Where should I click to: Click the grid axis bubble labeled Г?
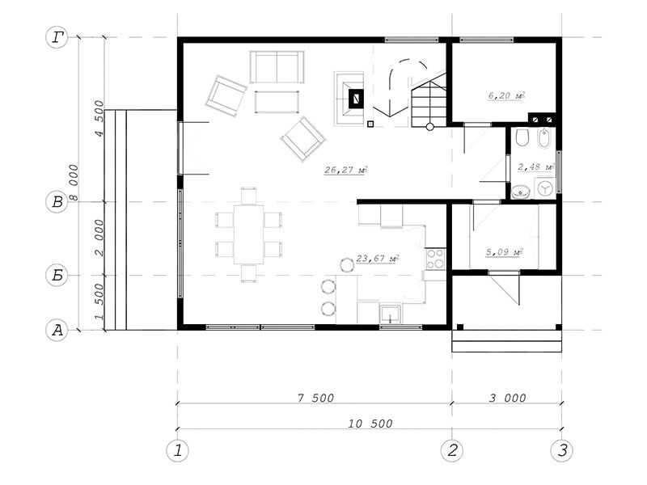point(57,37)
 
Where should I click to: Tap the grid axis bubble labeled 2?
point(452,450)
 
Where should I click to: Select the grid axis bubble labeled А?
point(57,330)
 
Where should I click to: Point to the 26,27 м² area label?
point(346,170)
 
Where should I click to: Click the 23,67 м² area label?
point(377,259)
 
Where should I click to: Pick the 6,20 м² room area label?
point(507,95)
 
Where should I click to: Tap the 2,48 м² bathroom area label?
point(535,167)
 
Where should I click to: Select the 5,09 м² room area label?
point(504,251)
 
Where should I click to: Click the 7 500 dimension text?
point(315,398)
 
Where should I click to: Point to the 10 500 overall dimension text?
point(370,424)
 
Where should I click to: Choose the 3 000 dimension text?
point(508,398)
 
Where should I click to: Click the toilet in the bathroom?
point(522,137)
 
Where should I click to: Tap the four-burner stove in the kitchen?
point(436,259)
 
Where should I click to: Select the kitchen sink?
point(390,314)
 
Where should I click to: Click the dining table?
point(249,234)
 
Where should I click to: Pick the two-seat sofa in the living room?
point(277,67)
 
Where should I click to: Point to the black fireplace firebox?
point(356,99)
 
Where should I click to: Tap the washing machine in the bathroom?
point(545,188)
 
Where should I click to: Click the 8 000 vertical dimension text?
point(74,183)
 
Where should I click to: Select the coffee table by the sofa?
point(277,102)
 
